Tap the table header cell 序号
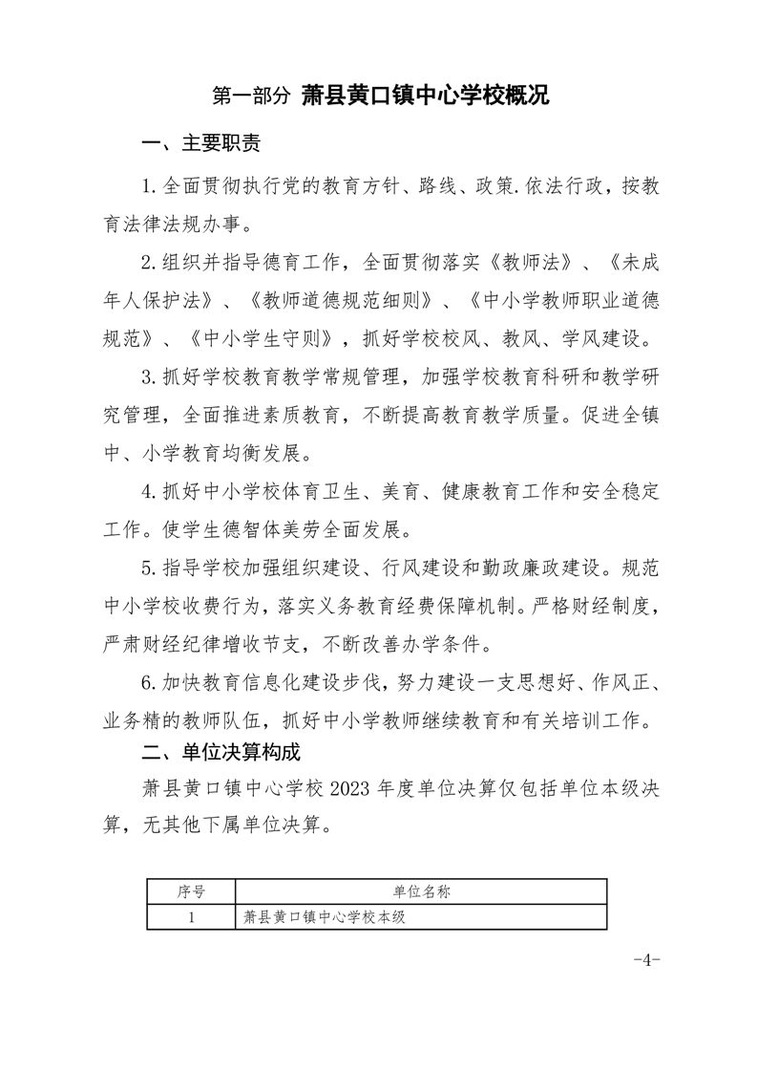point(191,891)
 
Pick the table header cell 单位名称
point(421,891)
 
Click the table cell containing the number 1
point(191,917)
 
